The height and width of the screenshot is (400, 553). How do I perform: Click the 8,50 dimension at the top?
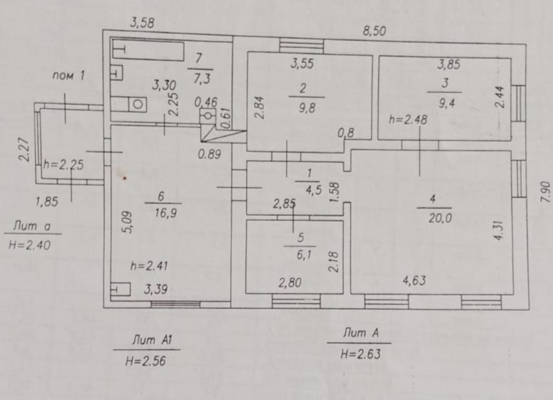point(374,31)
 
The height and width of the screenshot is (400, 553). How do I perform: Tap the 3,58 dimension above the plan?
point(143,23)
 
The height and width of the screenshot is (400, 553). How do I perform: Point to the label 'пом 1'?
point(68,76)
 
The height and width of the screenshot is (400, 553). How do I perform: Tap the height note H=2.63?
point(361,353)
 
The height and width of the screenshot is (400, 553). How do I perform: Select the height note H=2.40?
point(30,245)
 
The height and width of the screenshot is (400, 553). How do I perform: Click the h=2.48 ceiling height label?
point(408,120)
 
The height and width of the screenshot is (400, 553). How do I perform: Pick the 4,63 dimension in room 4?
point(414,280)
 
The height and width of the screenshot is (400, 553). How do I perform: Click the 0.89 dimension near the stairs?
point(210,154)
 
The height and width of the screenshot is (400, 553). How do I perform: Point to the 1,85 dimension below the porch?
point(47,202)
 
